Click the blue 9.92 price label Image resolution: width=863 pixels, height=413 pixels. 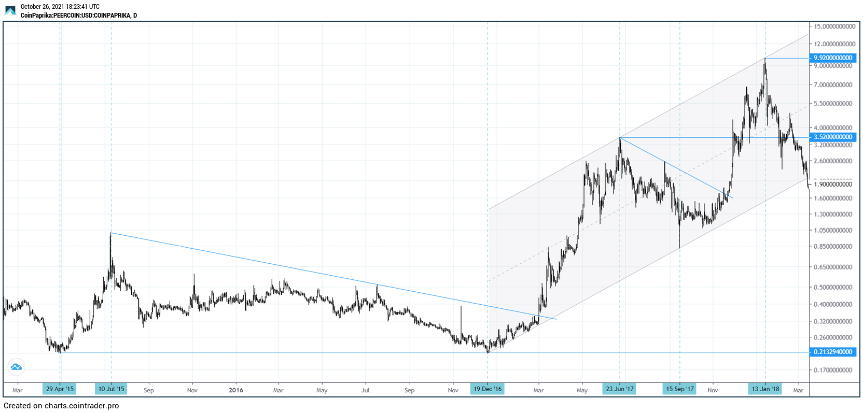(x=833, y=58)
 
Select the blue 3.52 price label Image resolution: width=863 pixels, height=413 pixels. (x=833, y=137)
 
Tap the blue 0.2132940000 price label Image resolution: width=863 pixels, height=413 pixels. (x=833, y=352)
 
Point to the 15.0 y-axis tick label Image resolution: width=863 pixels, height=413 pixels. (x=833, y=26)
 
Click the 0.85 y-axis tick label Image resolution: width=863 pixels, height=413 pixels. (x=833, y=247)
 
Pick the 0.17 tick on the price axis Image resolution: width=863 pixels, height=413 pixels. (x=833, y=370)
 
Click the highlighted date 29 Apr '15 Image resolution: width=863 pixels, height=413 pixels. (x=60, y=389)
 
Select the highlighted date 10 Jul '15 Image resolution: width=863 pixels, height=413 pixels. (x=111, y=389)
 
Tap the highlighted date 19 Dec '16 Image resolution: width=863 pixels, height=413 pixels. (x=488, y=389)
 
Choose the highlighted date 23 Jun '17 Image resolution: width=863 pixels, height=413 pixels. (x=620, y=389)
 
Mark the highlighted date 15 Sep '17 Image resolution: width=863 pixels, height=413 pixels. (x=680, y=389)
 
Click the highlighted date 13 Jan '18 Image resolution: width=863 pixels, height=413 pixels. (x=765, y=389)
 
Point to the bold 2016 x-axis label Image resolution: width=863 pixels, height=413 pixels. (x=236, y=390)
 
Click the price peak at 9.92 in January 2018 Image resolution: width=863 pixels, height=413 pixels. (x=765, y=59)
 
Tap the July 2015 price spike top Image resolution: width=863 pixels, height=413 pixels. (x=111, y=233)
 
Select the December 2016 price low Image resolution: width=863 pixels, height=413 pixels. (x=488, y=352)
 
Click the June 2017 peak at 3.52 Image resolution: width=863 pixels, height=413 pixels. (x=620, y=138)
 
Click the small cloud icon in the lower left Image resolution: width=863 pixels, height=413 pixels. (x=16, y=367)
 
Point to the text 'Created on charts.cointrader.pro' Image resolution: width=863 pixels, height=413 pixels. (x=61, y=406)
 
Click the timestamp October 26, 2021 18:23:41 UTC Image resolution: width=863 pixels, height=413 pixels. (x=60, y=7)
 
